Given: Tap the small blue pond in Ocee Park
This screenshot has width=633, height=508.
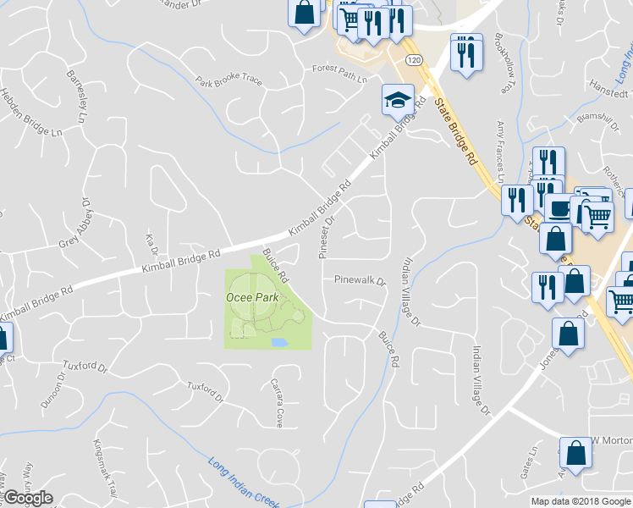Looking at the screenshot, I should pyautogui.click(x=279, y=343).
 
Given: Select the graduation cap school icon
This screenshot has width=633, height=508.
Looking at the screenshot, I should pyautogui.click(x=397, y=100).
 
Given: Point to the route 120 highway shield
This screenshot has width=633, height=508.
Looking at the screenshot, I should pyautogui.click(x=413, y=60).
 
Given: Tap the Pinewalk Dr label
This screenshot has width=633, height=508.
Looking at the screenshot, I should pyautogui.click(x=359, y=279).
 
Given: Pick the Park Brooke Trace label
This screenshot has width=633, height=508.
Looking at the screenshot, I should pyautogui.click(x=229, y=83).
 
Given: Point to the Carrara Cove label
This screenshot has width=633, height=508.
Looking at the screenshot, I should pyautogui.click(x=277, y=402).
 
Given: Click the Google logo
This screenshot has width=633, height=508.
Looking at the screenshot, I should pyautogui.click(x=28, y=498).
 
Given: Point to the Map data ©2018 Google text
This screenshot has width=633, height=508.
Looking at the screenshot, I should pyautogui.click(x=581, y=501).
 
